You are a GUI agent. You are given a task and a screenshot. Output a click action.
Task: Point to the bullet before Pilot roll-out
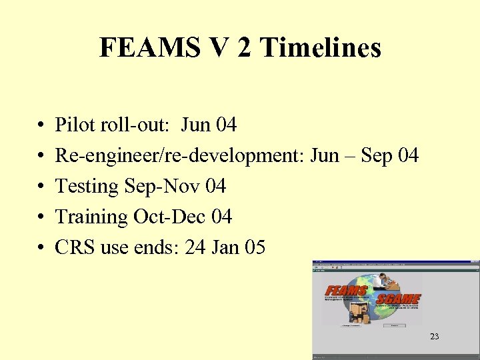tap(41, 125)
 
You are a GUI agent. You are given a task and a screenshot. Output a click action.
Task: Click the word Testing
tap(87, 187)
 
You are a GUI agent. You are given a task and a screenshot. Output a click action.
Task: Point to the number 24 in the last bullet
tap(195, 248)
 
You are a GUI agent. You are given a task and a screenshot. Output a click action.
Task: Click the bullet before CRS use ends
tap(41, 249)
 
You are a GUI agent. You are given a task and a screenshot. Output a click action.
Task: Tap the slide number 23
tap(435, 337)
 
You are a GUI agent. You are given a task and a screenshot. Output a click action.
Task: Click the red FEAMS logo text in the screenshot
tap(347, 292)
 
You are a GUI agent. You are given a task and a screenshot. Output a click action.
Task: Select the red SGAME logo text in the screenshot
tap(398, 299)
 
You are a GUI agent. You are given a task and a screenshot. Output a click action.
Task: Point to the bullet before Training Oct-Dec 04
tap(41, 218)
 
